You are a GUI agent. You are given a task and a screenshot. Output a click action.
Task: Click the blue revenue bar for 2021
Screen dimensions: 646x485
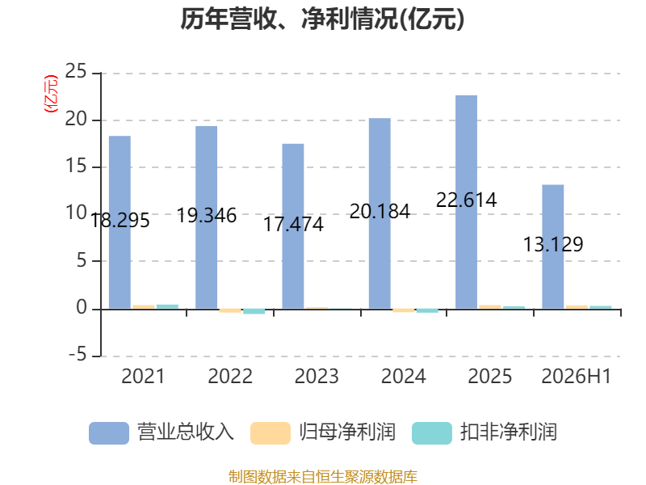click(x=120, y=222)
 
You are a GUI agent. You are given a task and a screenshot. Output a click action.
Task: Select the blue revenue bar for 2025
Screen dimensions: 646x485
click(x=467, y=202)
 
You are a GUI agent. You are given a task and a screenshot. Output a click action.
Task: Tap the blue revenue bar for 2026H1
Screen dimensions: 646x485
click(x=553, y=247)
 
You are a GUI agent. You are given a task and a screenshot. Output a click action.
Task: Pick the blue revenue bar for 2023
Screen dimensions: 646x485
click(x=293, y=226)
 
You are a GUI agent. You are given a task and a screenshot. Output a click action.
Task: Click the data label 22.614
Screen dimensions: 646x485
click(x=467, y=200)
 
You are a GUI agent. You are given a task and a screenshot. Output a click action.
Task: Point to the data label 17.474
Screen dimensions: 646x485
click(x=293, y=225)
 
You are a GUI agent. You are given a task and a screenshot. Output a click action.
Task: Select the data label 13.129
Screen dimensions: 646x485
click(x=553, y=245)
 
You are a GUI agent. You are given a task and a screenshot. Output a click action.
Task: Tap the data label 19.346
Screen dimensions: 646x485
click(x=207, y=216)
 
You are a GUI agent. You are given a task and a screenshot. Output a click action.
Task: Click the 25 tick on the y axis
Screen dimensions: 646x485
click(x=76, y=71)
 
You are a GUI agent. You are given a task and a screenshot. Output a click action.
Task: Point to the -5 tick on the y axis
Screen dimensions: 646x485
click(x=78, y=354)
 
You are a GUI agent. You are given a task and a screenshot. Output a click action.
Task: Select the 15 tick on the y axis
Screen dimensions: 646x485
click(x=76, y=166)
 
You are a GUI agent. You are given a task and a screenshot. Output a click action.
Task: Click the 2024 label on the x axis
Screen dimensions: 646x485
click(x=403, y=377)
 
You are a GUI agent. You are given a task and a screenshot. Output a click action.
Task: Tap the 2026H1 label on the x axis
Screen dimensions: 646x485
click(x=576, y=377)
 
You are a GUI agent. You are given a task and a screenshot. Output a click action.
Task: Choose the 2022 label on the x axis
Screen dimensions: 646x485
click(x=230, y=377)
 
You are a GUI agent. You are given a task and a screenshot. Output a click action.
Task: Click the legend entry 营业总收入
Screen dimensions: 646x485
click(x=161, y=432)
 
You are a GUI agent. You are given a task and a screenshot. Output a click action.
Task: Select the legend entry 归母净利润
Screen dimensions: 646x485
click(x=322, y=432)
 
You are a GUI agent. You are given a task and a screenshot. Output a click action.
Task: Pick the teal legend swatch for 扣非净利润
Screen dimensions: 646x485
click(x=432, y=433)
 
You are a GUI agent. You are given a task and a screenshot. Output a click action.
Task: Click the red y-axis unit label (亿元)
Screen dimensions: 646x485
click(x=51, y=94)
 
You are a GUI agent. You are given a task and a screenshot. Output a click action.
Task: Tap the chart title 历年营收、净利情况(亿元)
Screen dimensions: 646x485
click(x=322, y=19)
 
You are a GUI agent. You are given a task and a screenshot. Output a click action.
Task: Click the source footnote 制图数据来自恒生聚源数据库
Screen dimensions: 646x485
click(x=323, y=477)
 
